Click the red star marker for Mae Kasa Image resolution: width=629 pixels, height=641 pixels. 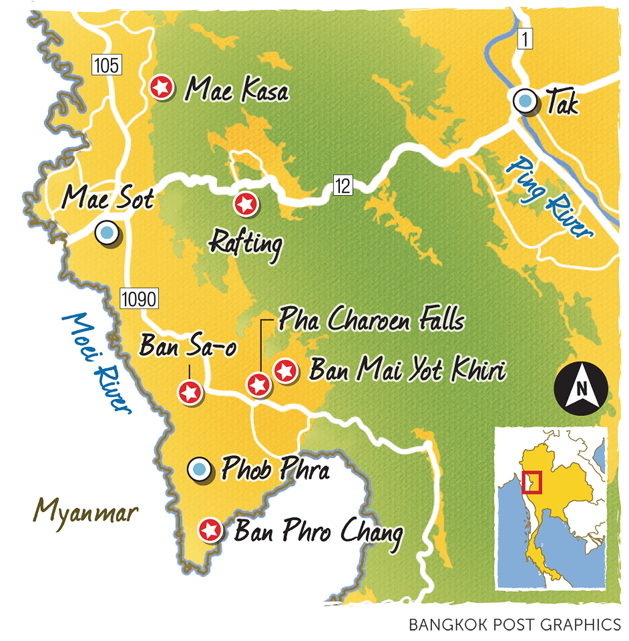161,87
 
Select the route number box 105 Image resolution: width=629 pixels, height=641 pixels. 107,65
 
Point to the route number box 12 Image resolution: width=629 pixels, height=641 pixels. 343,186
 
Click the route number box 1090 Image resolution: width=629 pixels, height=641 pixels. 139,298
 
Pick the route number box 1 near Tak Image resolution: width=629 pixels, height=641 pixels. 525,39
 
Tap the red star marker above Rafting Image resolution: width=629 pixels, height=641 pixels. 246,204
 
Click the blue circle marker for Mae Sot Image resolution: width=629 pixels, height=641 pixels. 107,232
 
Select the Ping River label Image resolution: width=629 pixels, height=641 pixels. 549,198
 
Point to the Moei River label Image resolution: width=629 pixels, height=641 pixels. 97,363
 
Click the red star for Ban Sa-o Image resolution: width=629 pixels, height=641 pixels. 190,392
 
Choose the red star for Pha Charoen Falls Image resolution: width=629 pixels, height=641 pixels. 258,385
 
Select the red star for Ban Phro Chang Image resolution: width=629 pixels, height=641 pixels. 210,530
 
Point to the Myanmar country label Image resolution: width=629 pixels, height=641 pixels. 86,513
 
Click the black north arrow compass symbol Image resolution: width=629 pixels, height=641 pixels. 581,388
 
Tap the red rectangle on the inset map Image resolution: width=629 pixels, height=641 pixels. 532,482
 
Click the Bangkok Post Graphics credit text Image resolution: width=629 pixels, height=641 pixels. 515,625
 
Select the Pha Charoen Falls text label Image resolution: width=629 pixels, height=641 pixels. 372,319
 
